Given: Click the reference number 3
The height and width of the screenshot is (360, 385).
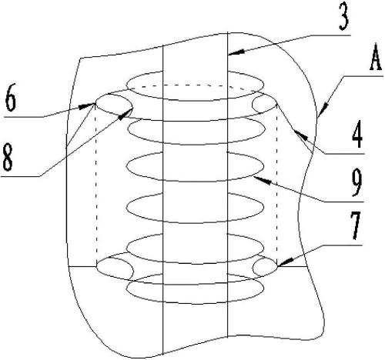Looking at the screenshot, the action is [344, 18].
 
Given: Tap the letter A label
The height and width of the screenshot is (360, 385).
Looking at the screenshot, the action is [376, 58].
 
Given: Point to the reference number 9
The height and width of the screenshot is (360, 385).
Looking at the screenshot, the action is [357, 184].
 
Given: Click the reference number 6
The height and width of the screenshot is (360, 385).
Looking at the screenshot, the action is [11, 98].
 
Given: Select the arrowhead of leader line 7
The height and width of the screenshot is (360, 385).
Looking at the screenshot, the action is [284, 262].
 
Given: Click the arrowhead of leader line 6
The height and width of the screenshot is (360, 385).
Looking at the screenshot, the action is [87, 105].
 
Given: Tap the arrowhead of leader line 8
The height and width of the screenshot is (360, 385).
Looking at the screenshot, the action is [126, 114].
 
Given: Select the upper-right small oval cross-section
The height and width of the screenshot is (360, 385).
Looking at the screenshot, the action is [265, 104].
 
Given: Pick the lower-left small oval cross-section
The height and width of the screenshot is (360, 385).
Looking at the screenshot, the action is [115, 268].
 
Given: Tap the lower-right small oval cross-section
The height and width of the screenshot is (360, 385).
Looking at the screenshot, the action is [265, 268].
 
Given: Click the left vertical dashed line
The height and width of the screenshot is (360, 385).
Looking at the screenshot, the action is [96, 185].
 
